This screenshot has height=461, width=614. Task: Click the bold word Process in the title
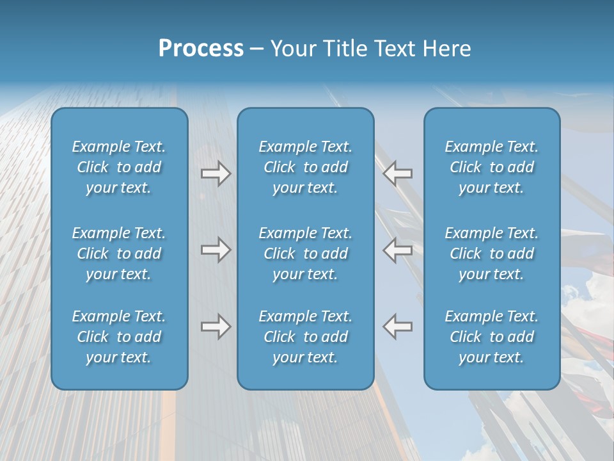[x=201, y=49]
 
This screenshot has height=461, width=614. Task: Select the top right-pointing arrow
[x=216, y=174]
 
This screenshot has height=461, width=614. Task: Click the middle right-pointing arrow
[x=216, y=250]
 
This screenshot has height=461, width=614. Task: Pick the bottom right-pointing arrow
[x=216, y=327]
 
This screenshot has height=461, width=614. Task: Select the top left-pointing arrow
[x=398, y=174]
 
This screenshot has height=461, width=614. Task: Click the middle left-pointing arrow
[x=398, y=250]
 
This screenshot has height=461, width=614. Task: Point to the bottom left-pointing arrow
[x=398, y=327]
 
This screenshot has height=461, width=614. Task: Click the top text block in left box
[x=119, y=167]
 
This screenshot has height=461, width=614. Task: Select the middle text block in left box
[x=119, y=254]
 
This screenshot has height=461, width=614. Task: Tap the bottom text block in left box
[x=119, y=337]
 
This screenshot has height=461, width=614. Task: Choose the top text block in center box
[x=306, y=167]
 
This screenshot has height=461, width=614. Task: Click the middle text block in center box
[x=306, y=254]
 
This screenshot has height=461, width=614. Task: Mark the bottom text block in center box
[x=306, y=337]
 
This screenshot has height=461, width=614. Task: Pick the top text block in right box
[x=492, y=167]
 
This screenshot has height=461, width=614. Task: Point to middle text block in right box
[x=492, y=254]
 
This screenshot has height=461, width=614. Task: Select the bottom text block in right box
[x=492, y=337]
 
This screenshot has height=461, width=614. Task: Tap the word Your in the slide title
[x=294, y=49]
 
